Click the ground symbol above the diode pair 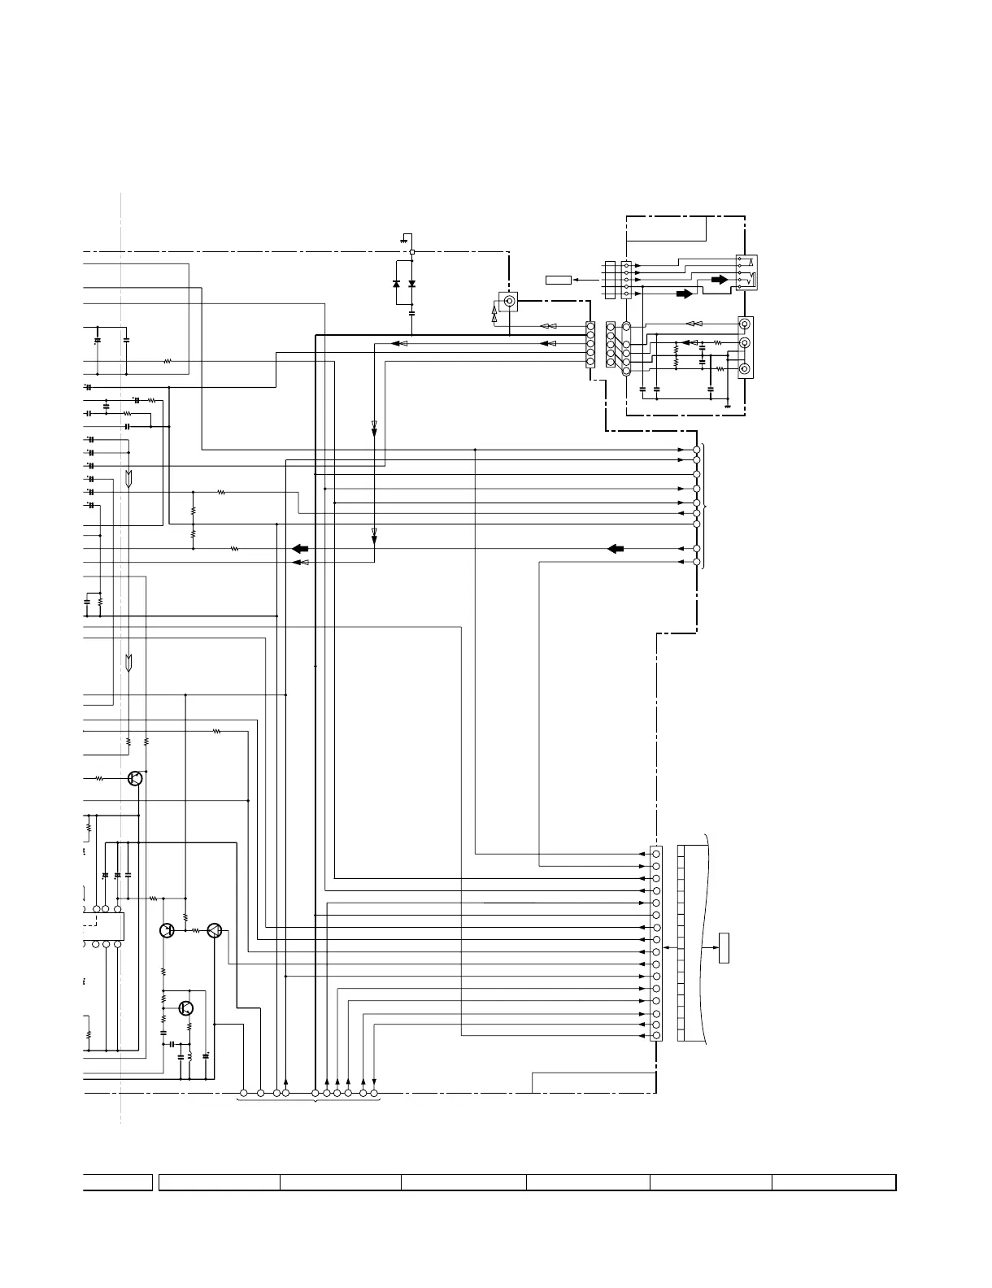(x=404, y=239)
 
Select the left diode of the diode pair (x=396, y=284)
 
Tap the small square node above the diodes (x=412, y=252)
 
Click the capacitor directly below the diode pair (x=412, y=312)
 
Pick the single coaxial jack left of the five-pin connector (x=509, y=302)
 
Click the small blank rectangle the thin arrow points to (x=559, y=281)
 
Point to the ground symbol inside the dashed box (x=727, y=403)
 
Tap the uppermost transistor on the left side (x=136, y=778)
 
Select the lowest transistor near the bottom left (x=185, y=1008)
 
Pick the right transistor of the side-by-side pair (x=214, y=930)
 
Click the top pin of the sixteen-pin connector (x=656, y=854)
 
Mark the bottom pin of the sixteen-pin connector (x=656, y=1036)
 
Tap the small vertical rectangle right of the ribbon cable (x=724, y=949)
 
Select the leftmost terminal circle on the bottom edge (x=244, y=1093)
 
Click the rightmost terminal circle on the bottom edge (x=374, y=1093)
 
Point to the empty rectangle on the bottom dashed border (x=594, y=1083)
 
